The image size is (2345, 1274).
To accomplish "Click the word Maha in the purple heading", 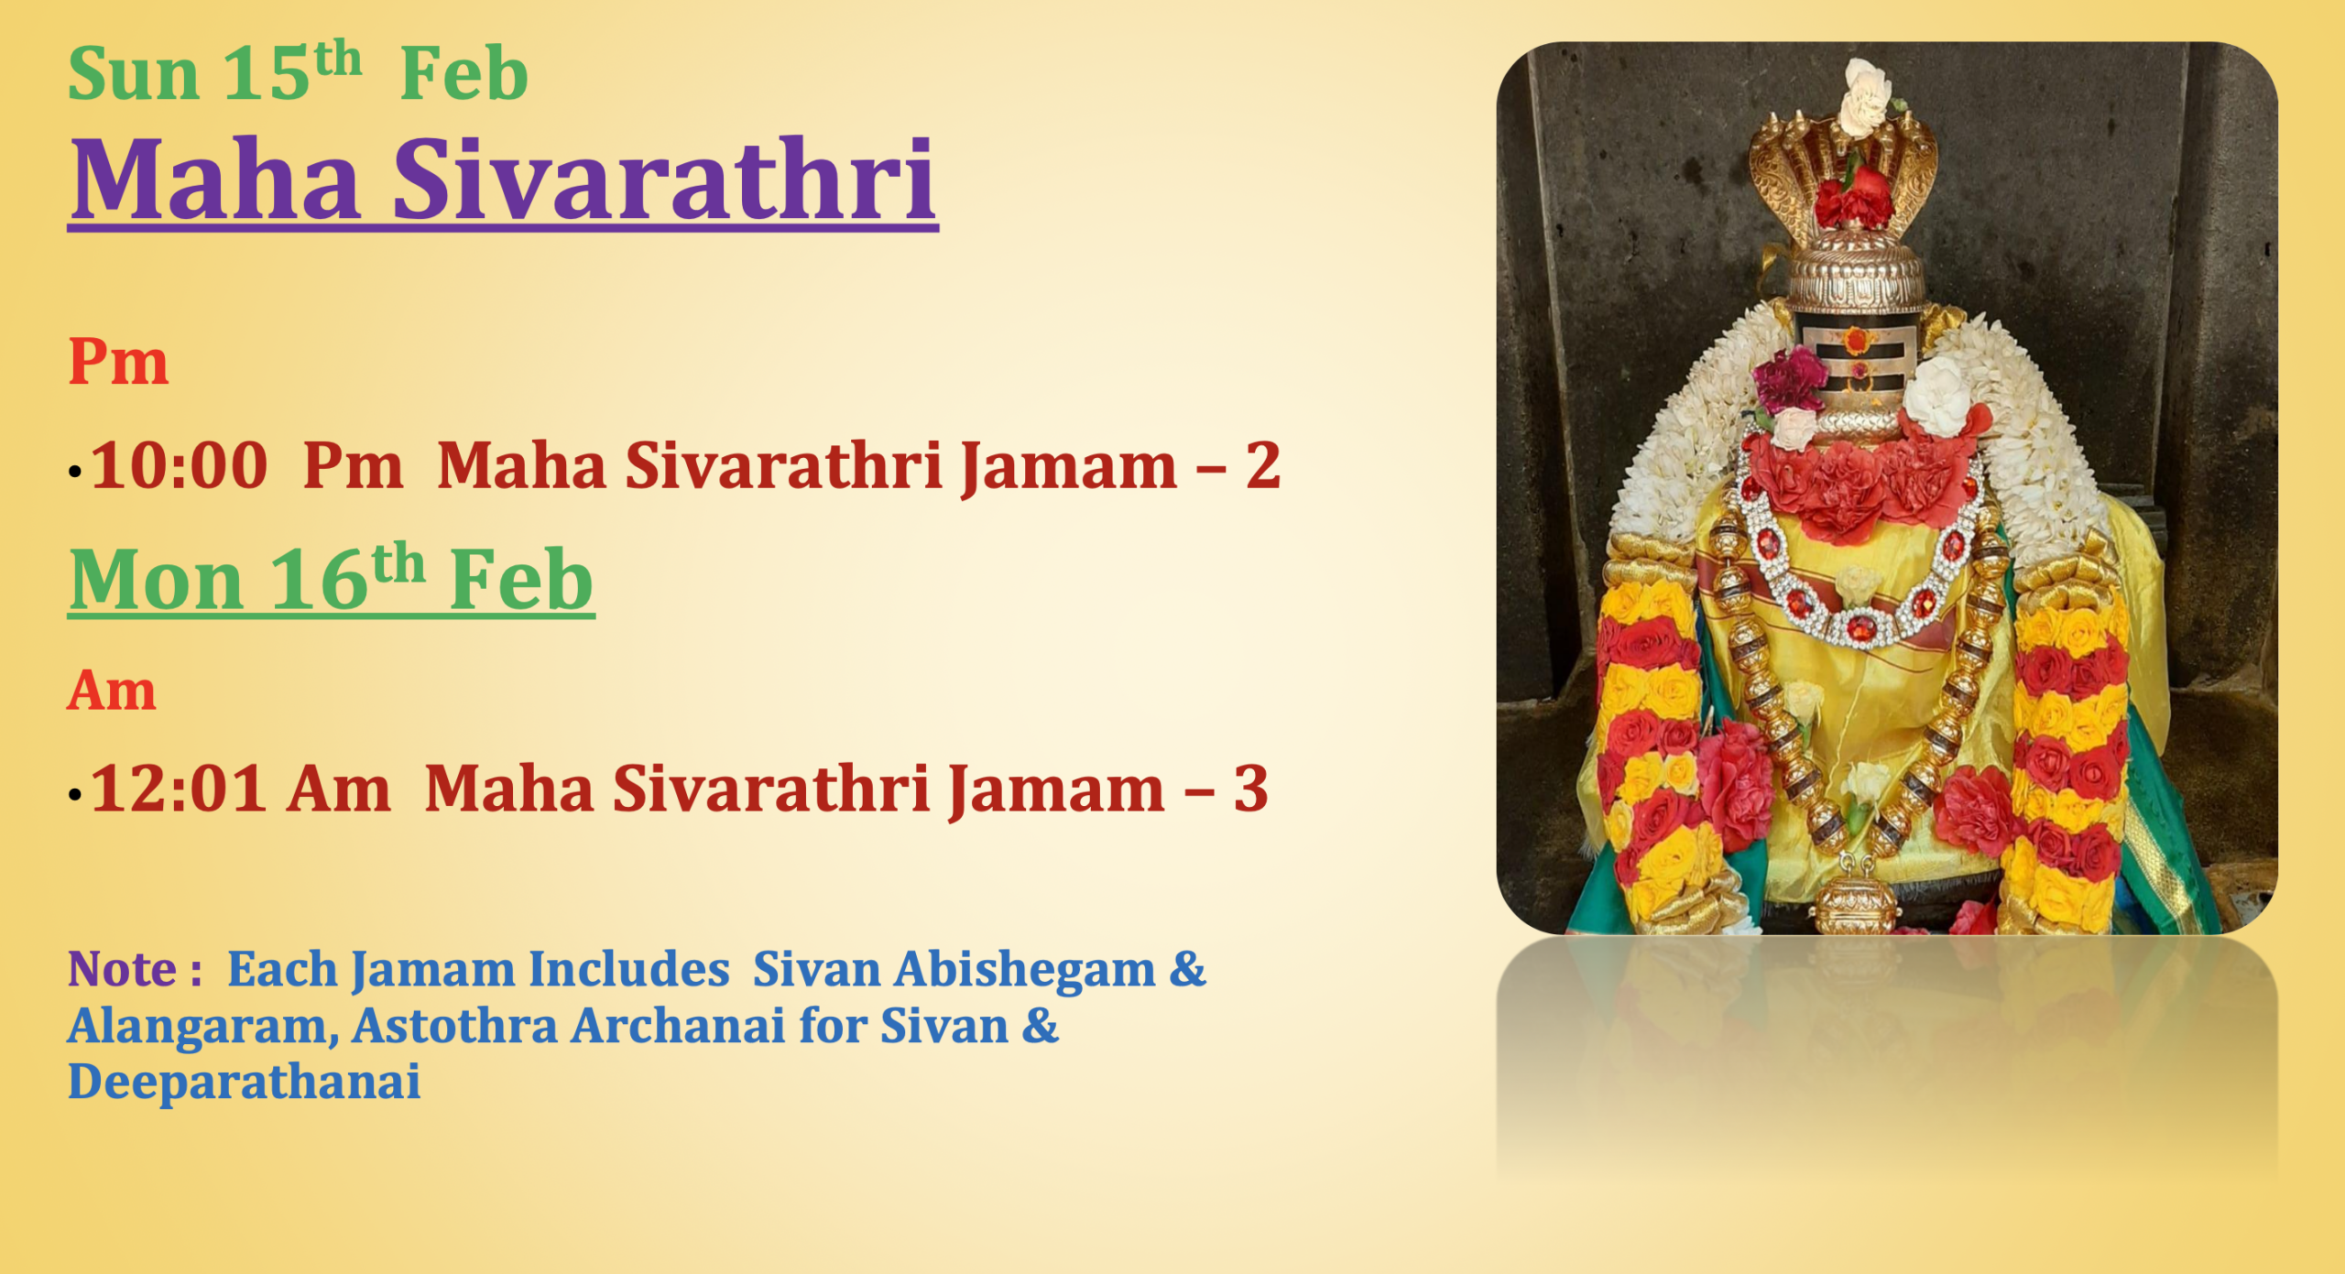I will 215,180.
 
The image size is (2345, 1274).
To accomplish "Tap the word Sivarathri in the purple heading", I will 664,180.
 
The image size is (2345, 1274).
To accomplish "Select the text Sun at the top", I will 134,75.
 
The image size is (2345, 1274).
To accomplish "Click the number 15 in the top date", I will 266,75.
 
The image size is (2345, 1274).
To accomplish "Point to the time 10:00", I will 180,466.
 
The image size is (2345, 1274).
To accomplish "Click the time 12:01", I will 180,789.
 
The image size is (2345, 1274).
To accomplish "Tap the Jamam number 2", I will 1262,466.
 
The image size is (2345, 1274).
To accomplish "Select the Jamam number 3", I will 1250,789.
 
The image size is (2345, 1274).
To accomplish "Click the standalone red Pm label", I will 118,363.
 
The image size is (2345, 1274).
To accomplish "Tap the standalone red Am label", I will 111,691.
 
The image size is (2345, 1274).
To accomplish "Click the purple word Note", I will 123,970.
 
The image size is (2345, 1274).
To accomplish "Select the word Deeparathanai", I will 244,1083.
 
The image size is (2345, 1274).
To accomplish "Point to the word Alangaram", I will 197,1027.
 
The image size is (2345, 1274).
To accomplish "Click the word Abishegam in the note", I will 1025,970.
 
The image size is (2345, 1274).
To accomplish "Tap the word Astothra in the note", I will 454,1027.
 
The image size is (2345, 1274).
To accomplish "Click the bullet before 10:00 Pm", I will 75,473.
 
